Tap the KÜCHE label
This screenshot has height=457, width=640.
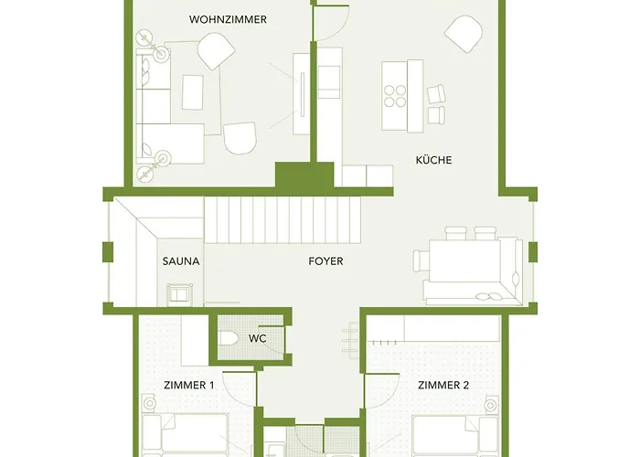click(x=433, y=160)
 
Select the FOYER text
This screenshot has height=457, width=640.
click(x=325, y=261)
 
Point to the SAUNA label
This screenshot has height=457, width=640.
click(x=181, y=261)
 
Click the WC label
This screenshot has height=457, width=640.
click(x=257, y=338)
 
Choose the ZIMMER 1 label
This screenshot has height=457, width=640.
click(x=188, y=386)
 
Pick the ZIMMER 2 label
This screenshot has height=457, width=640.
click(x=443, y=386)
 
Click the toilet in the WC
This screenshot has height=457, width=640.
click(x=229, y=339)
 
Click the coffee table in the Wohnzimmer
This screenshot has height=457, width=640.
click(x=193, y=91)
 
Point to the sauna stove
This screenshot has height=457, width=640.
click(x=178, y=294)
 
